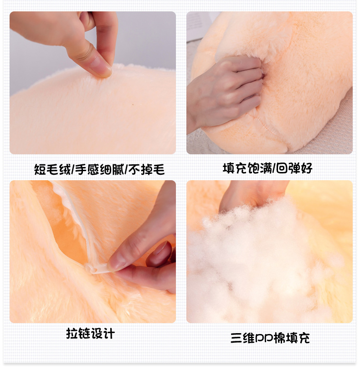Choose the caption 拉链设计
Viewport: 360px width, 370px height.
(90, 334)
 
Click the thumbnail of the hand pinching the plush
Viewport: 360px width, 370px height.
(93, 82)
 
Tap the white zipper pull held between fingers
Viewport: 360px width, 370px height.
(101, 269)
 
